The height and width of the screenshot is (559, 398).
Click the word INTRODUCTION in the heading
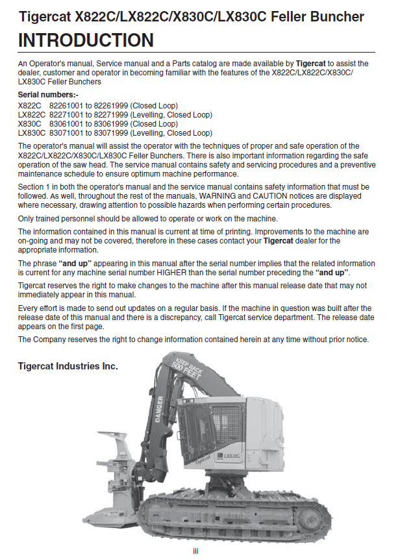[x=86, y=41]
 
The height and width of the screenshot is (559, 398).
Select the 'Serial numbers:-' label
[x=49, y=95]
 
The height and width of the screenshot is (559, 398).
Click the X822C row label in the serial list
[x=30, y=105]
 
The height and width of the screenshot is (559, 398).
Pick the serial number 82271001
[x=66, y=114]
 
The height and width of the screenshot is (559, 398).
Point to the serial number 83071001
[x=66, y=132]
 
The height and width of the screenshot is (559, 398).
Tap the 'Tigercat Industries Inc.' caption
[x=68, y=367]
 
